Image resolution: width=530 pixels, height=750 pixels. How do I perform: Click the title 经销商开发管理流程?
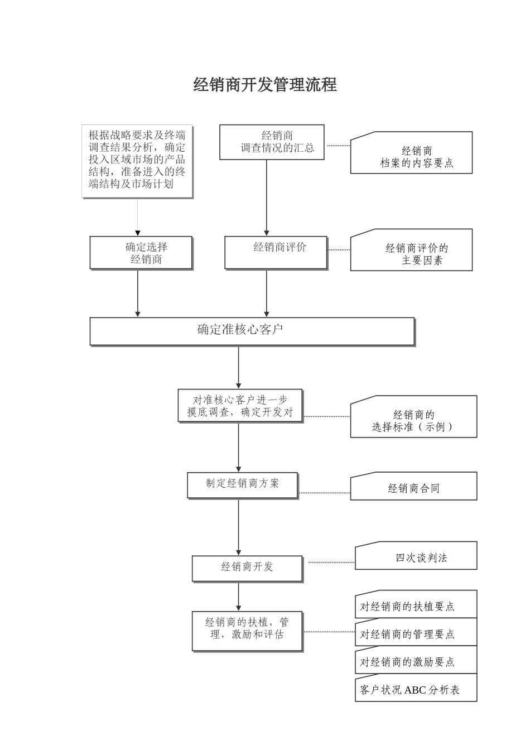point(265,85)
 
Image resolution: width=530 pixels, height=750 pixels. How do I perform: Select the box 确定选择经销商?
point(141,253)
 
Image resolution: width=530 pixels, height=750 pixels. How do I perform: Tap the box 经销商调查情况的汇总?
point(272,142)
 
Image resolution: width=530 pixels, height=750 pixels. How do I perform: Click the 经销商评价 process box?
point(276,252)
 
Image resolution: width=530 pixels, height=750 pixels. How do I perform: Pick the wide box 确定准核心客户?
point(252,331)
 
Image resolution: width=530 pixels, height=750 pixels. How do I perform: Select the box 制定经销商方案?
point(242,485)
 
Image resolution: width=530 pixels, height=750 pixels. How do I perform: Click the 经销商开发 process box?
point(247,568)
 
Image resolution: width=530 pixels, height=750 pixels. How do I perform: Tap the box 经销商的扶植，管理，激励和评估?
point(247,631)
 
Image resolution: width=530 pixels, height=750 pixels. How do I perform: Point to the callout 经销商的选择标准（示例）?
point(413,417)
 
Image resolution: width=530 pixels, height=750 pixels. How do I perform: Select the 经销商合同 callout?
point(413,487)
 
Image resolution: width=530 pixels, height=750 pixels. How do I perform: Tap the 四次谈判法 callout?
point(416,556)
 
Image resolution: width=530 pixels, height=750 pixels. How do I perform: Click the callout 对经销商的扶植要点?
point(416,605)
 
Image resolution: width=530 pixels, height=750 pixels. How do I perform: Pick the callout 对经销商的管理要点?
point(416,633)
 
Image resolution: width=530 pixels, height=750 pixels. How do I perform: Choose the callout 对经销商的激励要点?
point(416,661)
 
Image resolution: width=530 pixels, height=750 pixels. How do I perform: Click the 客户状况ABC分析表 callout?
point(416,689)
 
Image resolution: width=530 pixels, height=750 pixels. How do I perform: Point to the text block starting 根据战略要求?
point(137,161)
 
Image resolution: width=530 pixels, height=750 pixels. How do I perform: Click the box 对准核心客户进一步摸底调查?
point(240,406)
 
